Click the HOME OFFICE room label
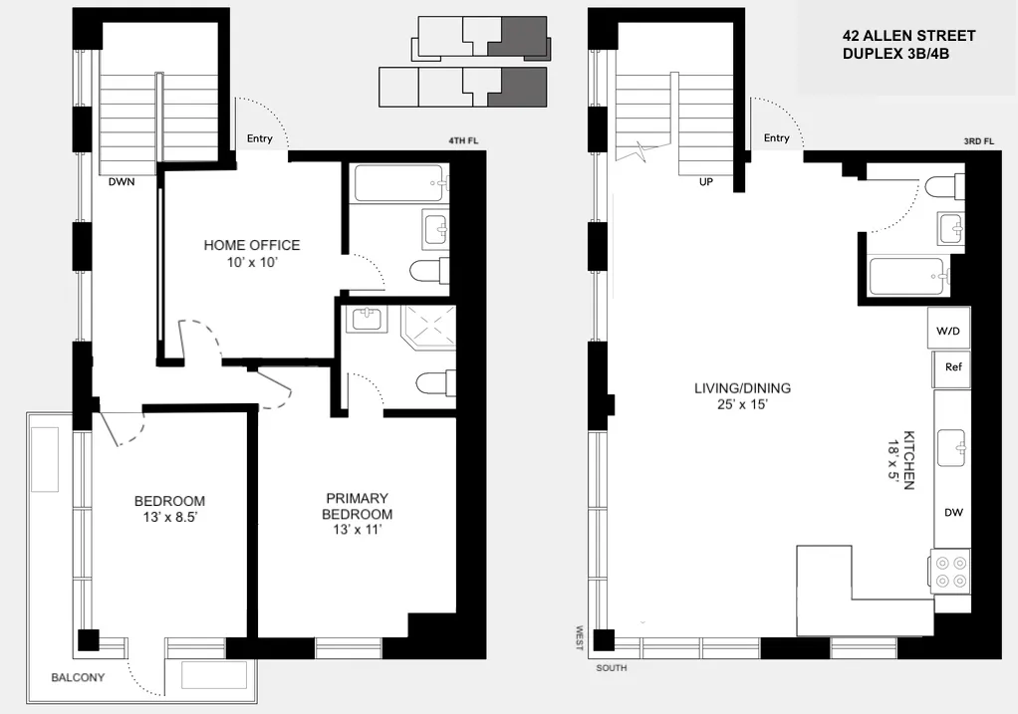click(x=251, y=245)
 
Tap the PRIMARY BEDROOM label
click(x=357, y=506)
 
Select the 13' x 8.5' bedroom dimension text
click(x=169, y=518)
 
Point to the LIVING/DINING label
click(x=742, y=388)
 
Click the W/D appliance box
click(x=951, y=329)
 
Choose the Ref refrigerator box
click(x=952, y=367)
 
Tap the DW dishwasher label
click(x=953, y=513)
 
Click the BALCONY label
click(x=77, y=678)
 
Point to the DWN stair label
click(x=123, y=182)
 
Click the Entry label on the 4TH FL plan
click(x=259, y=139)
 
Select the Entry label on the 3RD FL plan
click(x=776, y=138)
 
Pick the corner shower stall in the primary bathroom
click(x=425, y=324)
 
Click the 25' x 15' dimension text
click(x=742, y=405)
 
